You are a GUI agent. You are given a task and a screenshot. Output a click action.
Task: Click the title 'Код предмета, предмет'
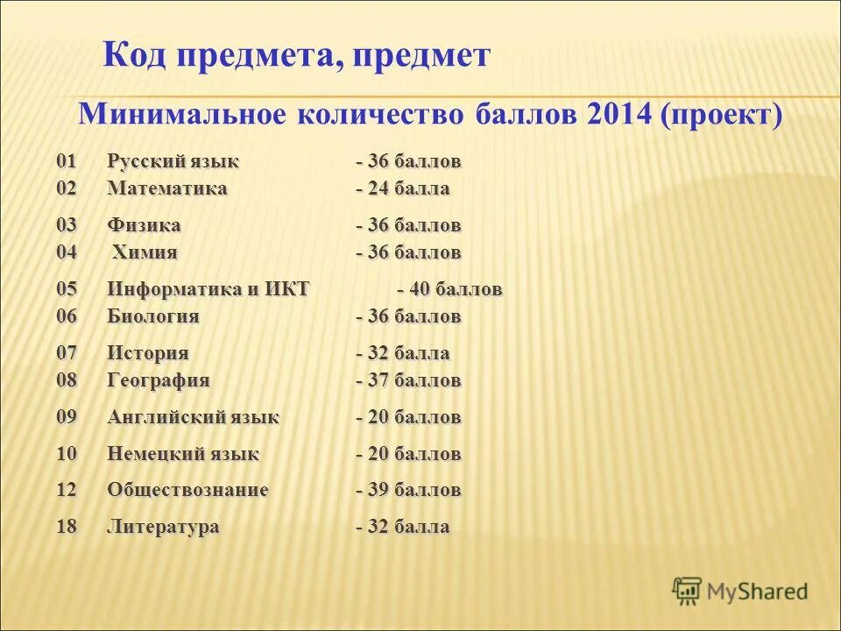click(x=296, y=57)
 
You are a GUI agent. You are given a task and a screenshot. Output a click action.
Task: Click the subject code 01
click(x=67, y=162)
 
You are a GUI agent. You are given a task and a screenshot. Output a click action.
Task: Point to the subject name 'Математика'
click(x=167, y=188)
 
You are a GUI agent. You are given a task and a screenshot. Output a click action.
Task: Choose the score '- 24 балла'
click(x=403, y=188)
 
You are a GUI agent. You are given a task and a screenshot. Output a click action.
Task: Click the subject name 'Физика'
click(x=145, y=225)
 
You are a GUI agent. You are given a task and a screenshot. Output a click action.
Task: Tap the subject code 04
click(x=67, y=252)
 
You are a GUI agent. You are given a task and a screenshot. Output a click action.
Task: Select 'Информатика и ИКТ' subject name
click(x=208, y=289)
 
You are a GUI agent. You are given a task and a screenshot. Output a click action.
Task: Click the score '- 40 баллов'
click(x=450, y=289)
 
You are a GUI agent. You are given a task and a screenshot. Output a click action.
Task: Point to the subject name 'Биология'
click(x=153, y=316)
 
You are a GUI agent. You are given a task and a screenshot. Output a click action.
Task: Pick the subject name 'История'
click(x=148, y=353)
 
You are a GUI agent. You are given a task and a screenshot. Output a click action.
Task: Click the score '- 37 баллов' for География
click(x=408, y=380)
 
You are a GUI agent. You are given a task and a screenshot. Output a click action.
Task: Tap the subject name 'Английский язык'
click(x=194, y=417)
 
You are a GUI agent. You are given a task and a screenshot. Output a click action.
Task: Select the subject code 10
click(x=67, y=454)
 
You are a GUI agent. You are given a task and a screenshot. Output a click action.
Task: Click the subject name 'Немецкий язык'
click(x=183, y=454)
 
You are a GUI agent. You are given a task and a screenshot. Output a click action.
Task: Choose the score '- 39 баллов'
click(x=408, y=490)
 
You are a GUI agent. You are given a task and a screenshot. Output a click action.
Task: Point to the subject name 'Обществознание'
click(x=187, y=490)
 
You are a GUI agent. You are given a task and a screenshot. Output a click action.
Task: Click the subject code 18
click(x=67, y=527)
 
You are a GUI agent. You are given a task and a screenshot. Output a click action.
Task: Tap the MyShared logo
click(x=739, y=592)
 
